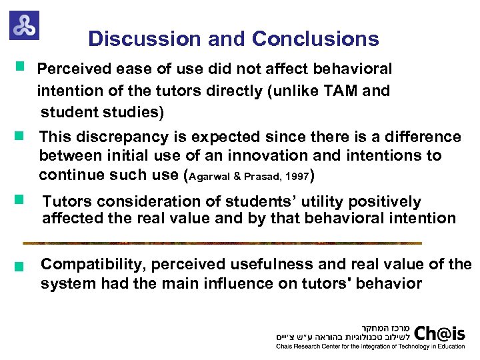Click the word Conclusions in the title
pos(315,39)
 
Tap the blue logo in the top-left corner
pos(24,25)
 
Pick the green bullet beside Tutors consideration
pos(20,199)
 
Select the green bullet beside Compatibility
pos(20,267)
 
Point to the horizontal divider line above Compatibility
pos(222,243)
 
